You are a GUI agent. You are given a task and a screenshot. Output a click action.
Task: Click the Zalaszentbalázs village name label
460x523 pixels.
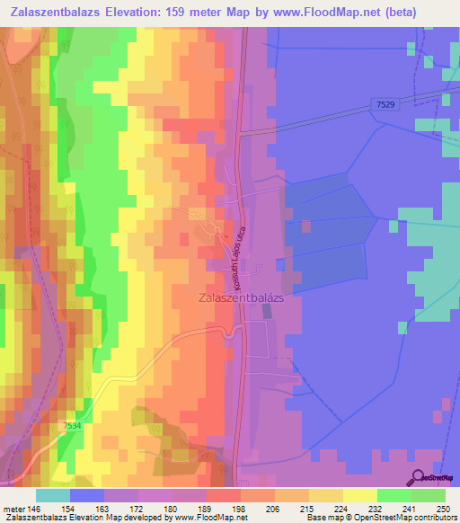[x=239, y=296]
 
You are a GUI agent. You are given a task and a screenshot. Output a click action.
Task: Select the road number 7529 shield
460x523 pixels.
[x=385, y=105]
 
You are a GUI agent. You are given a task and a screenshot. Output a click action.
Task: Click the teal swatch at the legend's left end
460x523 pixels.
[x=53, y=495]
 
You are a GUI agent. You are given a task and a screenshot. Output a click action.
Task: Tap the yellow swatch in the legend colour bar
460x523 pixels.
[x=325, y=495]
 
